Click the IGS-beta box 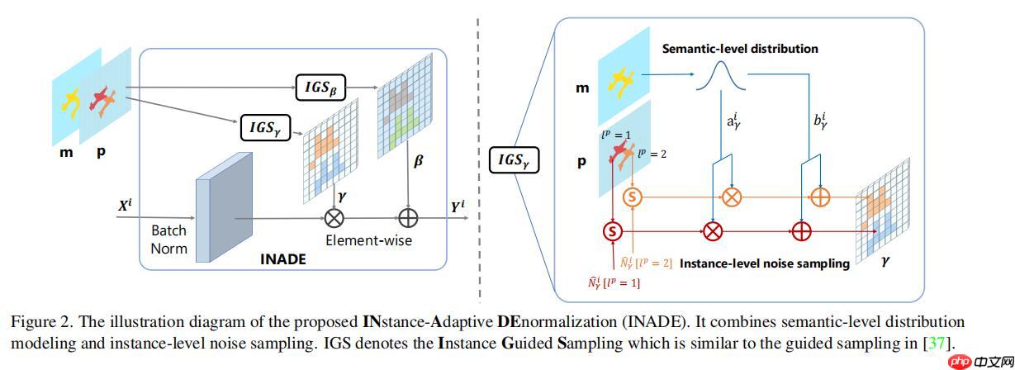coord(320,84)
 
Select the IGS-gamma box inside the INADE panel coord(265,127)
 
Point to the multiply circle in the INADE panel coord(335,218)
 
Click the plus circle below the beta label coord(409,218)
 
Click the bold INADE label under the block coord(282,259)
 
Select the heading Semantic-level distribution coord(740,49)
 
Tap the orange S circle coord(633,197)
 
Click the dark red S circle coord(613,230)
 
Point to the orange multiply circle coord(732,197)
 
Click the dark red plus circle coord(801,230)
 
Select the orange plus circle coord(820,197)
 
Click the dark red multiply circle coord(712,230)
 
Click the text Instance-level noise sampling coord(764,263)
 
